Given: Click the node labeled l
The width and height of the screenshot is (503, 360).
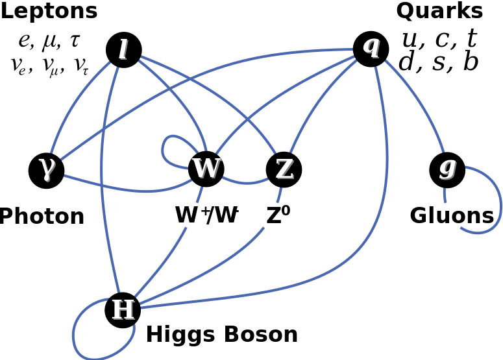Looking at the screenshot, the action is pyautogui.click(x=123, y=50).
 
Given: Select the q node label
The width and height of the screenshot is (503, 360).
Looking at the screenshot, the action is pyautogui.click(x=371, y=45).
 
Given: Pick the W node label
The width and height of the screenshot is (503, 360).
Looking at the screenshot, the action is pyautogui.click(x=206, y=168).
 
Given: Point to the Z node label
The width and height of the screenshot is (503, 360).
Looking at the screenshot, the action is pyautogui.click(x=284, y=169).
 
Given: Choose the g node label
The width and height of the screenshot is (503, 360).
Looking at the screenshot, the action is pyautogui.click(x=448, y=167).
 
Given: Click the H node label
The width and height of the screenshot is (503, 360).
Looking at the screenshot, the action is pyautogui.click(x=123, y=310).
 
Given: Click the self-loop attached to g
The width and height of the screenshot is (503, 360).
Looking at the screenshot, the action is pyautogui.click(x=500, y=201).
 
